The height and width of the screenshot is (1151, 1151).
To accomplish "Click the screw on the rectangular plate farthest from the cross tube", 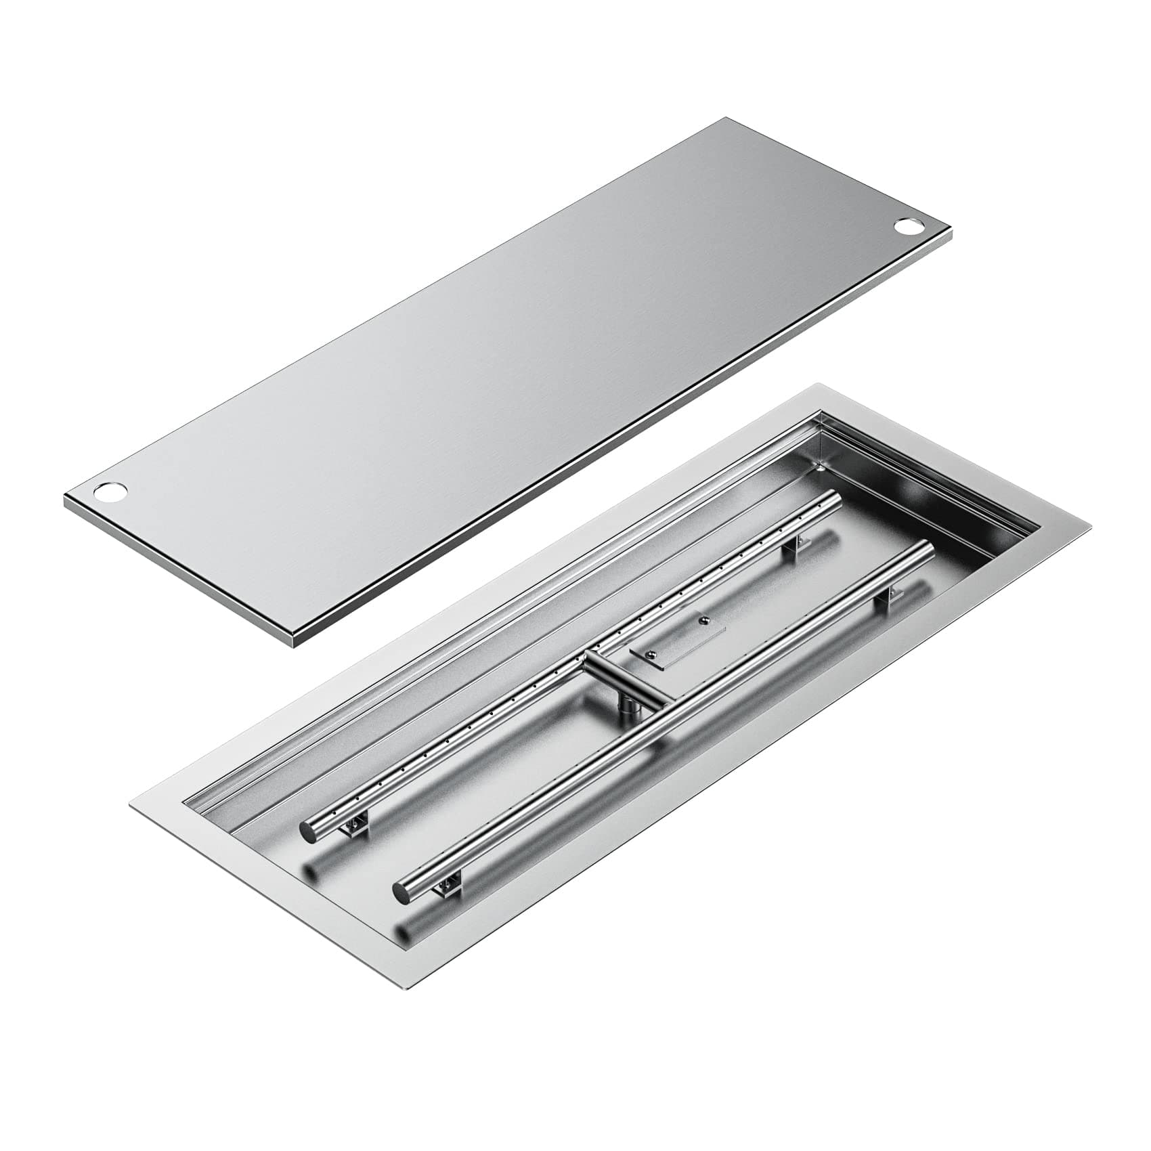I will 705,618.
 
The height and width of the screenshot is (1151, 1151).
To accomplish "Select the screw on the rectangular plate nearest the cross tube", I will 650,654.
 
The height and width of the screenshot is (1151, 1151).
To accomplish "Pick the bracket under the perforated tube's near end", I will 355,824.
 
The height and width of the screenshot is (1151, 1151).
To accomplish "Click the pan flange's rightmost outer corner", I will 1090,526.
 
